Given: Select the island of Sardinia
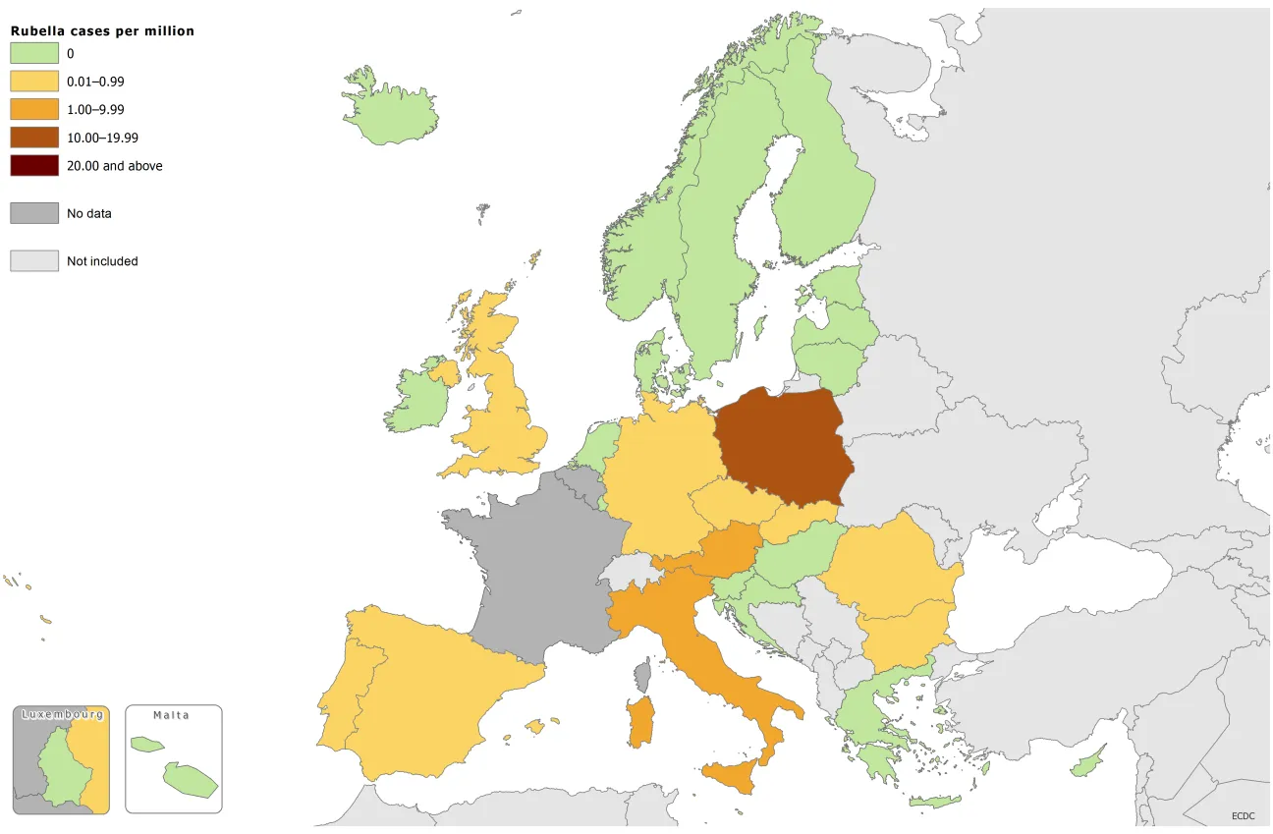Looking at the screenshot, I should pyautogui.click(x=639, y=722).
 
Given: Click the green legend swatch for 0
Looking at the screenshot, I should pyautogui.click(x=34, y=54).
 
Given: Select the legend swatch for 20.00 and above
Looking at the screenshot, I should pyautogui.click(x=34, y=166).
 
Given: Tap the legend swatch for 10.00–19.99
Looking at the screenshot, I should pyautogui.click(x=34, y=138).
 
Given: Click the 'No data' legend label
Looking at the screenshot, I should pyautogui.click(x=89, y=213).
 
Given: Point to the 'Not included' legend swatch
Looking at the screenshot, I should pyautogui.click(x=34, y=260).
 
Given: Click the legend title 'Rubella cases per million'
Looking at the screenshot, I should pyautogui.click(x=102, y=31).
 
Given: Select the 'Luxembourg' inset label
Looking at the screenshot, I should pyautogui.click(x=62, y=714).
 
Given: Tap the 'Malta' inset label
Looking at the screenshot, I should pyautogui.click(x=172, y=715).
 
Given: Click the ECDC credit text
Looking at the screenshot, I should pyautogui.click(x=1245, y=815).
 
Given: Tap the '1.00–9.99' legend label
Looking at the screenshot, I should pyautogui.click(x=95, y=110).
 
